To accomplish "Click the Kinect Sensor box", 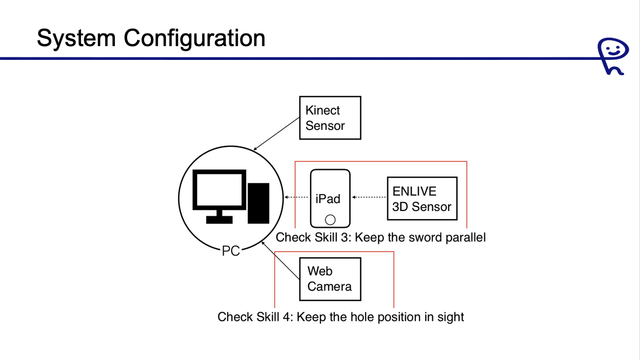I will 330,118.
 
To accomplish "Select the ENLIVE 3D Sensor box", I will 421,198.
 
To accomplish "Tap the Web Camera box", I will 330,279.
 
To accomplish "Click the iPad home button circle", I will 330,219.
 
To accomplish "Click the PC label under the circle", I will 230,251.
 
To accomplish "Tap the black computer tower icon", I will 259,203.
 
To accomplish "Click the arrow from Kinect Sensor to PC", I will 277,134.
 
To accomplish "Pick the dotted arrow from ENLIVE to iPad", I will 369,198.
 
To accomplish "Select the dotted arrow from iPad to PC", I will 297,198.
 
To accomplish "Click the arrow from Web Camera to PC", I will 280,260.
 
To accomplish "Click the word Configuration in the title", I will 194,38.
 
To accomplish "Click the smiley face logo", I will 612,55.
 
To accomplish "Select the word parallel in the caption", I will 467,237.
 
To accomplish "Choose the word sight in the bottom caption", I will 450,317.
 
